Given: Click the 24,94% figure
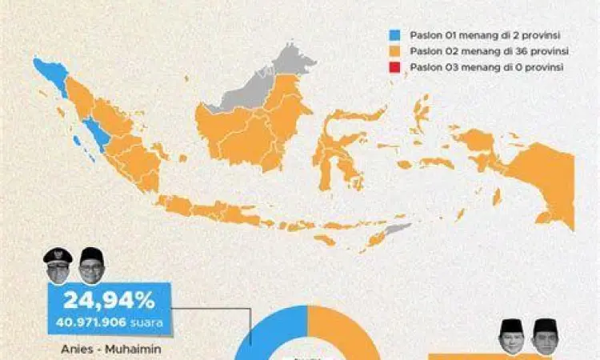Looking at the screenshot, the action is (x=108, y=301).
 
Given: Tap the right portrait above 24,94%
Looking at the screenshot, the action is (x=90, y=266).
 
